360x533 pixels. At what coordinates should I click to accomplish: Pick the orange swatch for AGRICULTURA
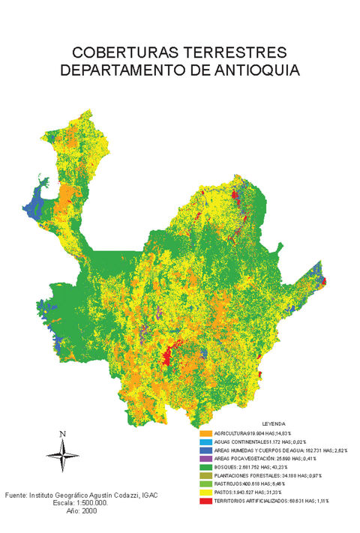click(x=205, y=434)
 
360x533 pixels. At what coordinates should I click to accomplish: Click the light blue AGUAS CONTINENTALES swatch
click(x=205, y=442)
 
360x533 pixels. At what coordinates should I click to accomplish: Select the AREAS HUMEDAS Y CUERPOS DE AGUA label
click(x=262, y=451)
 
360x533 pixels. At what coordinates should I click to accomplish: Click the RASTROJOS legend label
click(x=229, y=484)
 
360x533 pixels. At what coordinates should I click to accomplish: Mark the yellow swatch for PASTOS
click(x=205, y=492)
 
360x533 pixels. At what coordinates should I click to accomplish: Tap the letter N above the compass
click(x=63, y=434)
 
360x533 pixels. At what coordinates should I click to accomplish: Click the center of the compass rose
click(x=63, y=453)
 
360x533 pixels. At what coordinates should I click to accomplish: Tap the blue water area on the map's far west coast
click(x=34, y=204)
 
